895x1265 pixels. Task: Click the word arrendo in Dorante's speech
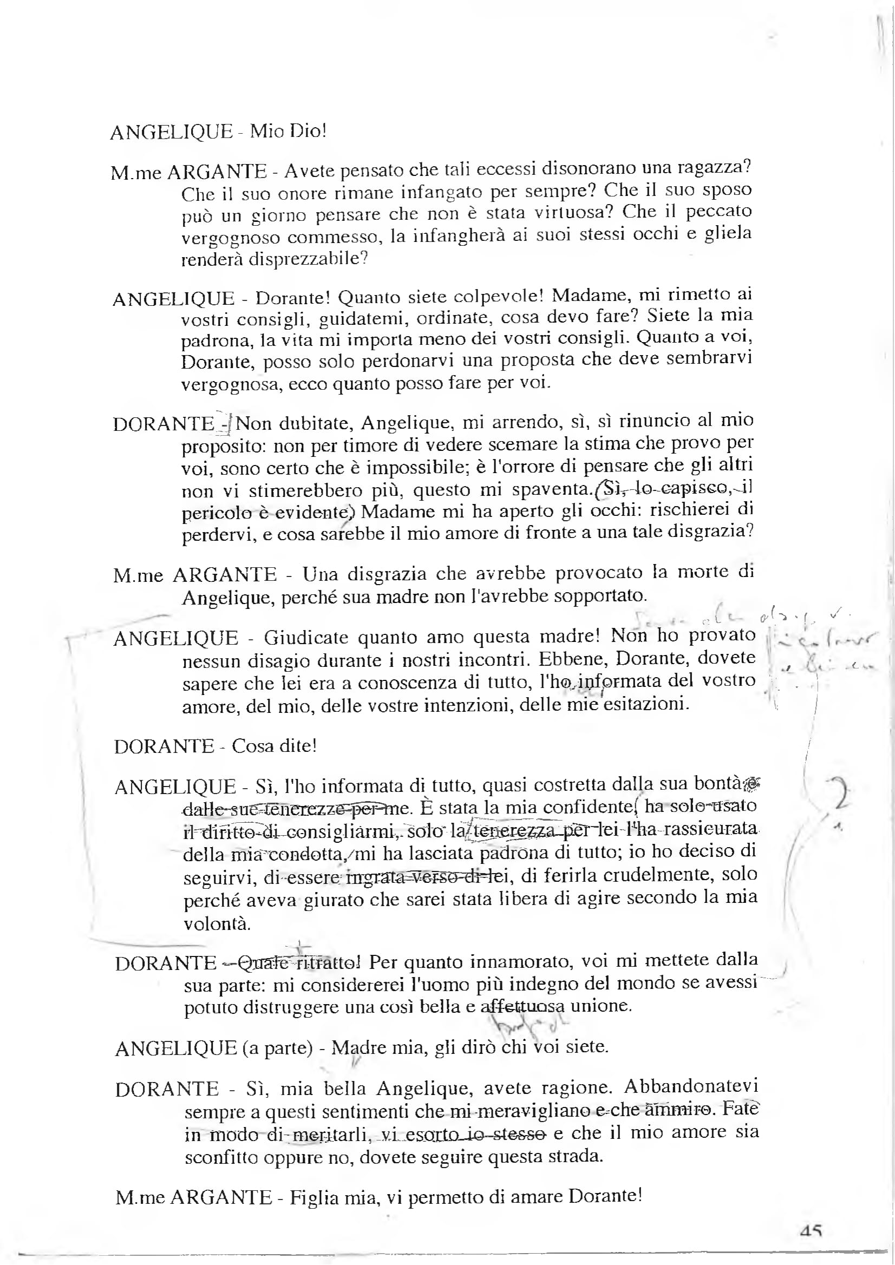(x=531, y=422)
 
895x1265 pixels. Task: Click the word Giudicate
(x=305, y=638)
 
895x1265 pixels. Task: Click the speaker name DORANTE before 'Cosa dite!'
(x=164, y=747)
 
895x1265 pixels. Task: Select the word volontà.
(x=217, y=923)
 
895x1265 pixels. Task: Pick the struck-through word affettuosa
(x=522, y=1007)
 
